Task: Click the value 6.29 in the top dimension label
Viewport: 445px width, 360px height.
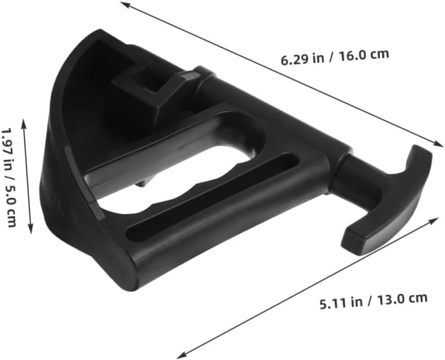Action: click(293, 59)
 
